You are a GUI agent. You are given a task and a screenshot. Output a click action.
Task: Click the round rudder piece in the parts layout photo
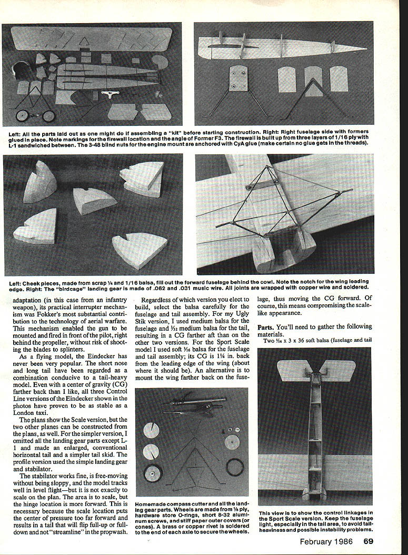point(160,62)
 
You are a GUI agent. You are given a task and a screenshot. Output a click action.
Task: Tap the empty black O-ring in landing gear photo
point(235,465)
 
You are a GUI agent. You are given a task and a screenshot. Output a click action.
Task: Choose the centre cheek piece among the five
point(94,201)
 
